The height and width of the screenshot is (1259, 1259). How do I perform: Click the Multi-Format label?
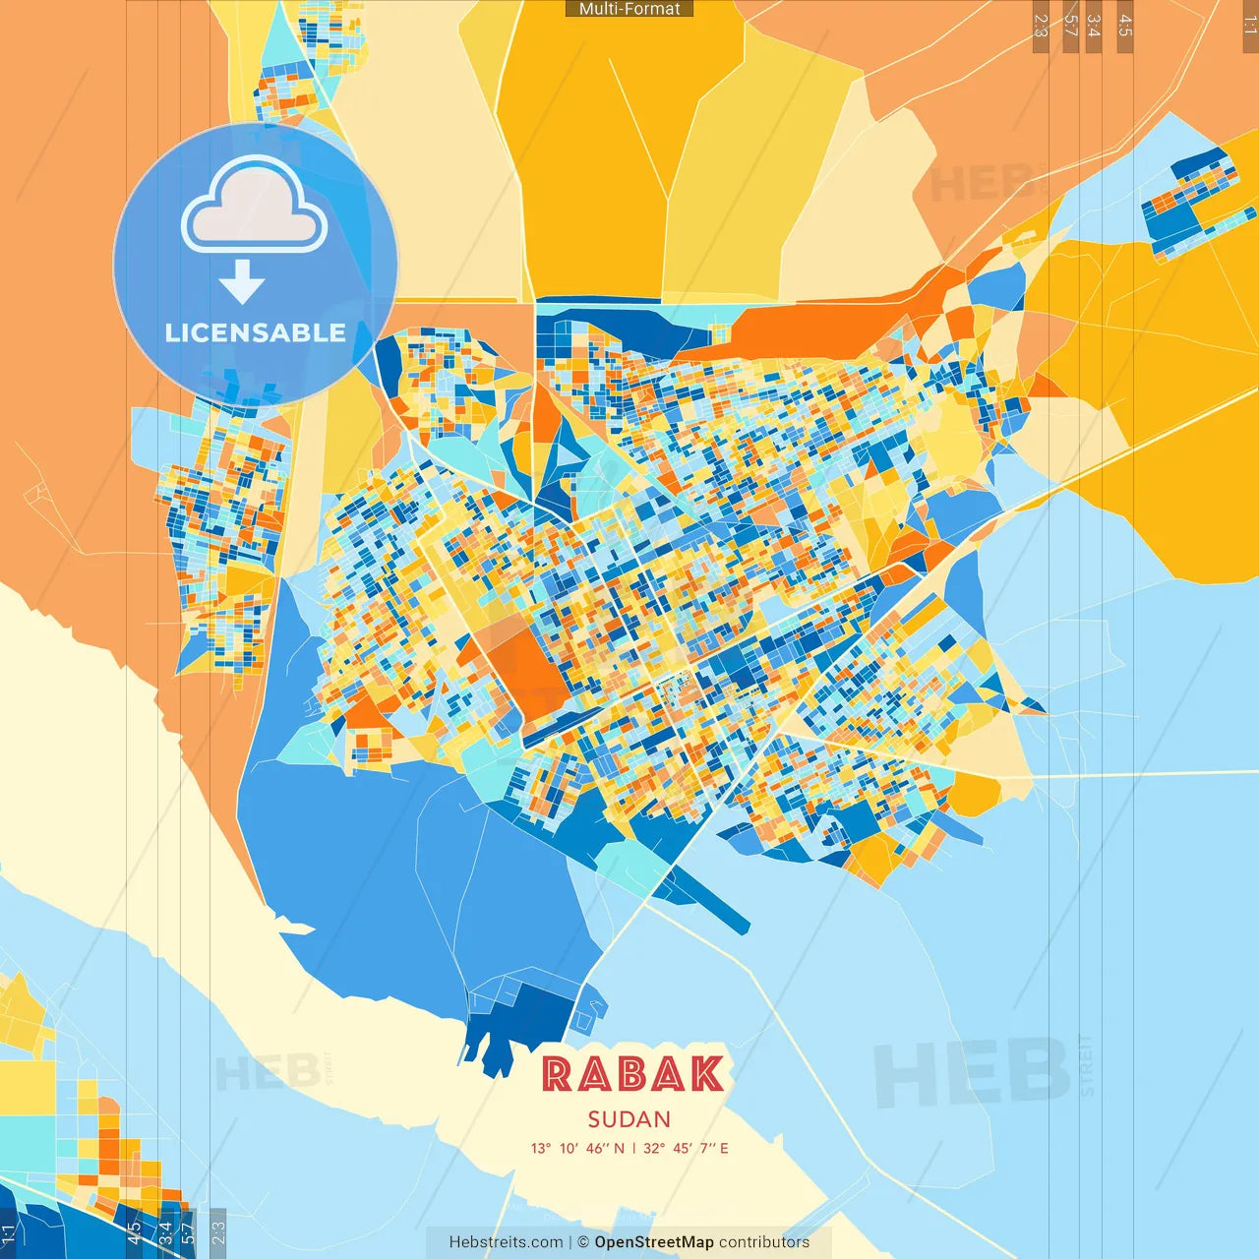629,9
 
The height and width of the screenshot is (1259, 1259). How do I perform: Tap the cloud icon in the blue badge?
254,207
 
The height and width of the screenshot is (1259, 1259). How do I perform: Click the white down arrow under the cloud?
242,282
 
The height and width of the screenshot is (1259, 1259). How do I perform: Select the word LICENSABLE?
255,332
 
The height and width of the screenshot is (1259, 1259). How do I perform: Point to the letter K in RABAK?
705,1074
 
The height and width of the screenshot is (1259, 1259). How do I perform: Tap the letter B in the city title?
631,1074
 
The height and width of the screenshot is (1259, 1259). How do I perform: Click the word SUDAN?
629,1119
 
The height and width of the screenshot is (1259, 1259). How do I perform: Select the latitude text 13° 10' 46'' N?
577,1148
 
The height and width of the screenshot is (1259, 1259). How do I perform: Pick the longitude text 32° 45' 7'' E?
686,1148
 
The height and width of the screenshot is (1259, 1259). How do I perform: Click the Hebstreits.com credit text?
507,1242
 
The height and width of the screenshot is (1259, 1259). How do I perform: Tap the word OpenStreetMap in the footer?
654,1242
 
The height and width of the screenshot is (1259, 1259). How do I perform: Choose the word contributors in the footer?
764,1242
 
